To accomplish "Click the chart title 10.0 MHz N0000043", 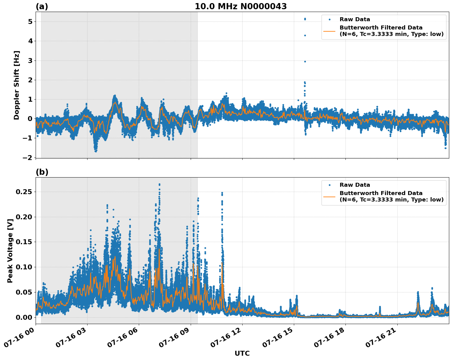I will (x=240, y=6).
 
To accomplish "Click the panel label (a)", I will (x=42, y=6).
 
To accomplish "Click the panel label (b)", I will (x=42, y=172).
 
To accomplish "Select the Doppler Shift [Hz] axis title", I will (x=17, y=85).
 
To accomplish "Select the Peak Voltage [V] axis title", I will (x=10, y=251).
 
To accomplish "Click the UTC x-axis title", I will (x=242, y=353).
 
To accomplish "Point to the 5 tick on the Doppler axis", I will (x=30, y=22).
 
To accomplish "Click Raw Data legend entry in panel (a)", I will (x=355, y=19).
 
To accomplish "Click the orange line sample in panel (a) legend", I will (x=329, y=31).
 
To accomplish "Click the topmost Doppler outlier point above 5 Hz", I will (x=305, y=19).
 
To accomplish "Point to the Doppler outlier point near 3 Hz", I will (x=305, y=61).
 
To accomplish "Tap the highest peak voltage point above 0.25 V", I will (x=159, y=184).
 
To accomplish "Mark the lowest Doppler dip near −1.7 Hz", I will (x=96, y=151).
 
